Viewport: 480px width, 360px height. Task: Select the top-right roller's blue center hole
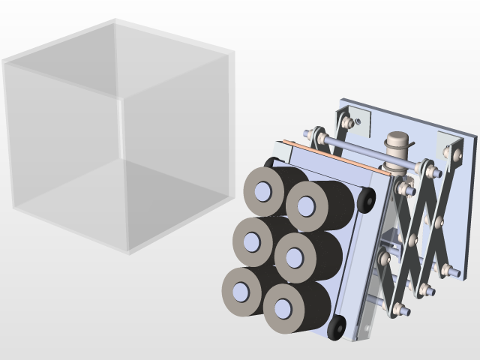point(306,205)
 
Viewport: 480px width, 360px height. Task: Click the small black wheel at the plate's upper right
point(367,200)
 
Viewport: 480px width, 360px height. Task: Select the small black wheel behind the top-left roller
point(269,163)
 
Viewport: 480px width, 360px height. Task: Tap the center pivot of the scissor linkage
point(412,240)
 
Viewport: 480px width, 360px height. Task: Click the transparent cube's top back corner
point(115,21)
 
